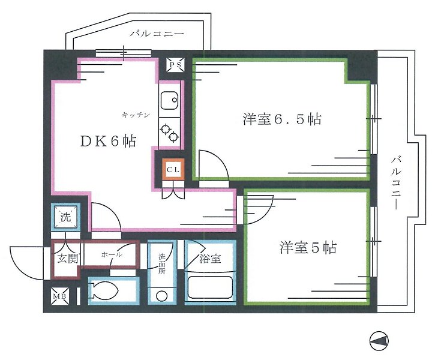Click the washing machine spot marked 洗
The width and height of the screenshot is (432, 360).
(x=65, y=217)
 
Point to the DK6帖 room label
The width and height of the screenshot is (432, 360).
(x=109, y=142)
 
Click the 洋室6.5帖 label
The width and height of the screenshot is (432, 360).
(x=281, y=119)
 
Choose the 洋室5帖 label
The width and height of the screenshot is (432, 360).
(x=307, y=247)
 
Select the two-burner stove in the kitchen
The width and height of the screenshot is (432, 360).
(x=170, y=132)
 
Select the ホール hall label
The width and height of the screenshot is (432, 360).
(x=112, y=254)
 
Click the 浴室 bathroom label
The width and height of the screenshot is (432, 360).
(x=209, y=259)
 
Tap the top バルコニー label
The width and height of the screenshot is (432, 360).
(x=157, y=34)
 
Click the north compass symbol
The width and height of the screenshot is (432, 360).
(x=379, y=341)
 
